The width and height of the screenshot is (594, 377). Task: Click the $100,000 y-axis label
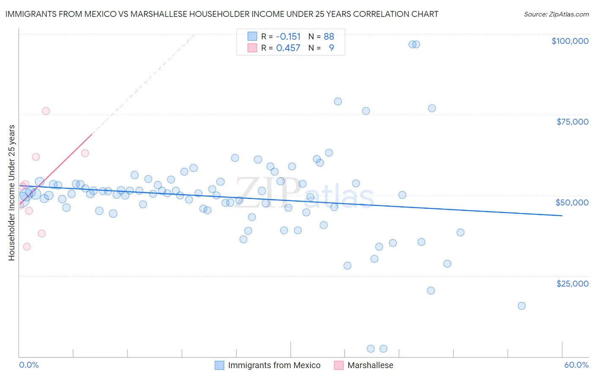click(x=569, y=41)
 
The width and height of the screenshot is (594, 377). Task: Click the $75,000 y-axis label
click(x=572, y=122)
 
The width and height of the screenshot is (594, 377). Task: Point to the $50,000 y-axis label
click(x=572, y=202)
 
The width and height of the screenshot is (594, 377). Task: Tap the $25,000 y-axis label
click(x=572, y=283)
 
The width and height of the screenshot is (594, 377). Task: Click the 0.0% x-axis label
click(x=29, y=365)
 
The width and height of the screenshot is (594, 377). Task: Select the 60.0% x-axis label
click(x=576, y=365)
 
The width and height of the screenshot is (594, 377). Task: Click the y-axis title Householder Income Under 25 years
click(x=12, y=192)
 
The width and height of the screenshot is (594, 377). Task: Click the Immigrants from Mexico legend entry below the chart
click(x=274, y=365)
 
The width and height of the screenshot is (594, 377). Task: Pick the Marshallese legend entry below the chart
click(x=370, y=365)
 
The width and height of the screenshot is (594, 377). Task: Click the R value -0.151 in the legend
click(x=288, y=36)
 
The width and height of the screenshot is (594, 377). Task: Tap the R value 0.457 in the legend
click(x=288, y=48)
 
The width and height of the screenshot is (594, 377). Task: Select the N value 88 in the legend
click(x=329, y=36)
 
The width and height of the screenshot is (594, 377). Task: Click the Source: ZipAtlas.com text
click(x=556, y=14)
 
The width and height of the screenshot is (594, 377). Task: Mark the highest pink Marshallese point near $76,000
click(x=46, y=111)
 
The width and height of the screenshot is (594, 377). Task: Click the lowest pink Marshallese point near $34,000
click(x=27, y=246)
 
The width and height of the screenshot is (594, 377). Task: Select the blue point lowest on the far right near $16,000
click(x=521, y=306)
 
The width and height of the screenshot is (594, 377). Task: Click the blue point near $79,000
click(x=338, y=101)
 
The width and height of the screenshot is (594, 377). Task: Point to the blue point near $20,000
click(x=431, y=290)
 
